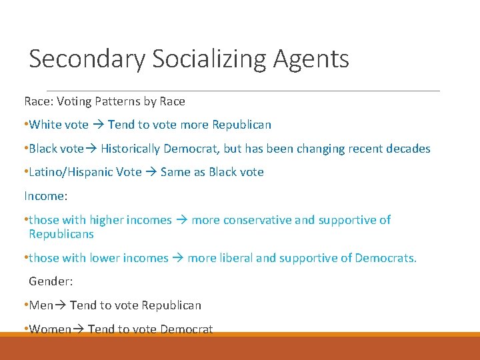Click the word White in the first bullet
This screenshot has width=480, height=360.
point(45,125)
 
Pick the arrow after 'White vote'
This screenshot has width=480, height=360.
point(97,125)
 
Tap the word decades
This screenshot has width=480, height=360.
point(408,149)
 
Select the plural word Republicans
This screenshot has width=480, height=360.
point(61,235)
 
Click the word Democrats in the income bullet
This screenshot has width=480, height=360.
point(385,258)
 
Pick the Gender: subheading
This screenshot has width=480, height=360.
point(51,281)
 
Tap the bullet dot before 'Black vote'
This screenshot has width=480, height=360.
point(25,149)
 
